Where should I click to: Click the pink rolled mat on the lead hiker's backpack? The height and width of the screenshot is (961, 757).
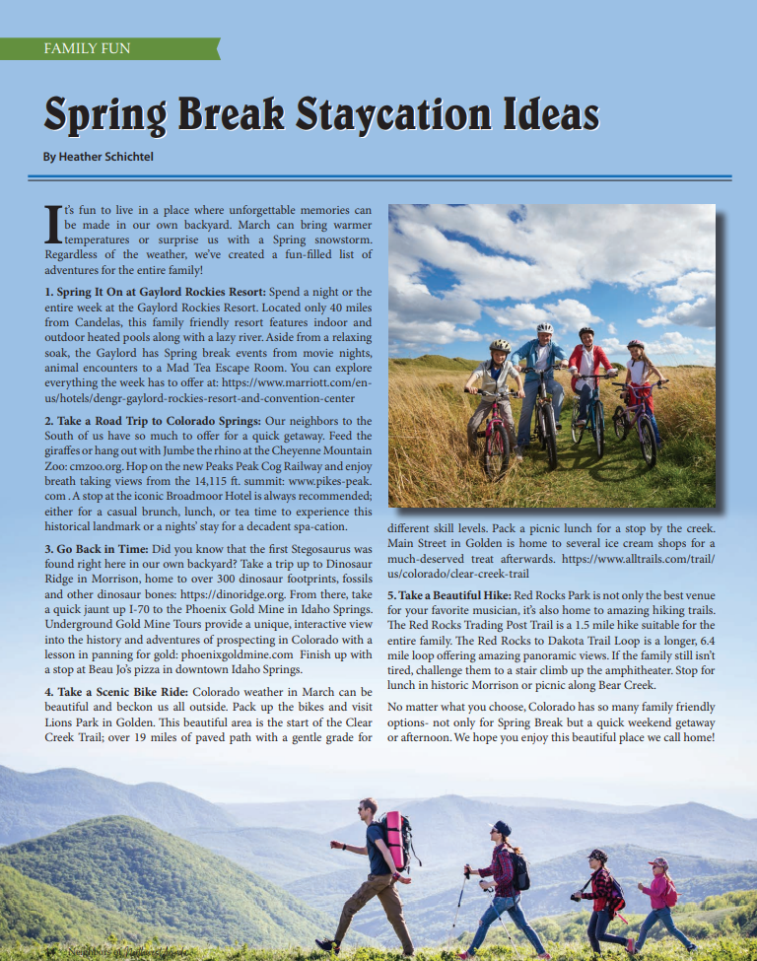pos(396,841)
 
